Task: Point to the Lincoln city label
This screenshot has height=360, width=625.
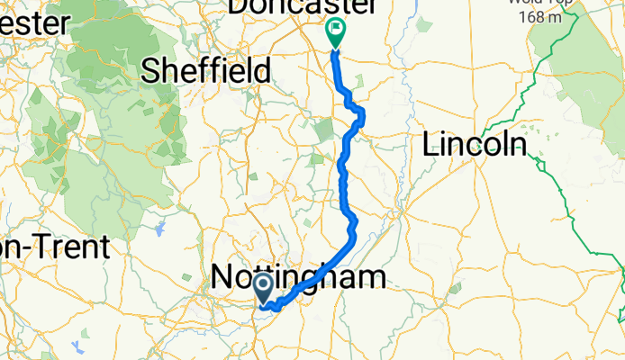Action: [475, 143]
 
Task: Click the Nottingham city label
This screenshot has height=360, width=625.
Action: [298, 277]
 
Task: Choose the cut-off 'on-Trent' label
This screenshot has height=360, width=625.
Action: [54, 247]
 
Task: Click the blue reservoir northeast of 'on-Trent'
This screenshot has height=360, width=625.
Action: [160, 229]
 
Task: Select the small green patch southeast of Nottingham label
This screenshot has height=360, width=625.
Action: [455, 288]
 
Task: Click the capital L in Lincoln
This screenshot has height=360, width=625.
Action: [430, 143]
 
